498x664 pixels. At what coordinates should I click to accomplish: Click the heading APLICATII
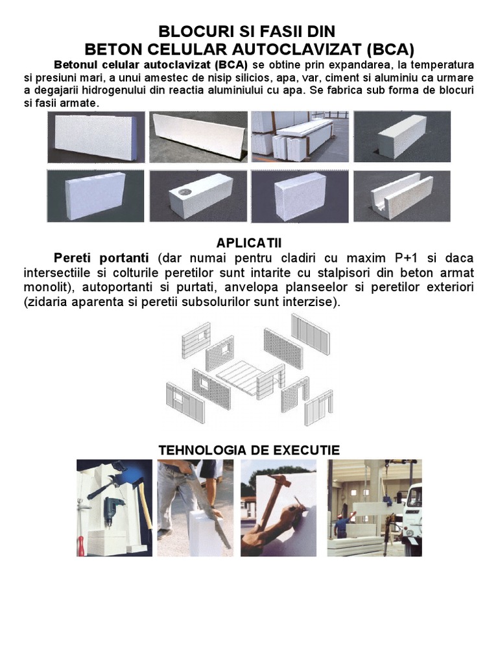pyautogui.click(x=248, y=243)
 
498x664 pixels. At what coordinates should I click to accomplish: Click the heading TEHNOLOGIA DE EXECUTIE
pyautogui.click(x=249, y=450)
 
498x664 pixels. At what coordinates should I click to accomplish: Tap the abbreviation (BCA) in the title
pyautogui.click(x=390, y=49)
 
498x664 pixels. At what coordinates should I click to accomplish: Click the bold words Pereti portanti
pyautogui.click(x=101, y=257)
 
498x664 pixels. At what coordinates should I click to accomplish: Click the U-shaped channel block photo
pyautogui.click(x=402, y=196)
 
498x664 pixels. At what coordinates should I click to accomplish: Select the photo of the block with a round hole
pyautogui.click(x=198, y=196)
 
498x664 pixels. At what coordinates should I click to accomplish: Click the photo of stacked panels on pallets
pyautogui.click(x=300, y=137)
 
